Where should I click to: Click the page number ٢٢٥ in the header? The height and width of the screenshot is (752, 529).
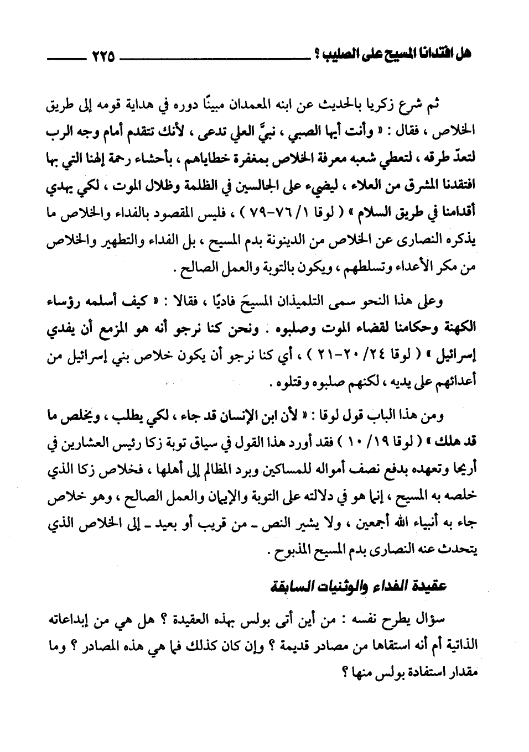click(x=101, y=56)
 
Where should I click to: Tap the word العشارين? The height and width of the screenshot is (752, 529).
click(x=97, y=438)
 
